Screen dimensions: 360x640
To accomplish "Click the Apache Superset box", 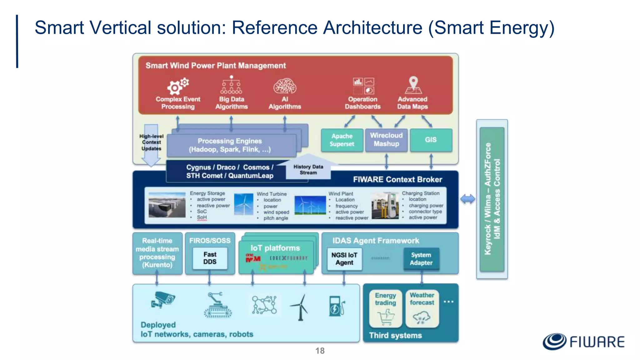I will click(342, 140).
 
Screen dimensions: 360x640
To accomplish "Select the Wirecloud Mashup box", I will click(386, 140).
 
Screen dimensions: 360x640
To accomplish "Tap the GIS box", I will click(431, 140).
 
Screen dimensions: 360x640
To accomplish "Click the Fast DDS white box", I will click(210, 258).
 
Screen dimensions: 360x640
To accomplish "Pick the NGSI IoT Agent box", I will click(344, 259).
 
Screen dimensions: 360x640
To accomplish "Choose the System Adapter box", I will click(421, 259).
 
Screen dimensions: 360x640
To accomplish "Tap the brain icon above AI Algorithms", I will click(285, 86).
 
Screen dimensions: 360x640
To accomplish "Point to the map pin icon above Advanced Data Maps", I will click(413, 85).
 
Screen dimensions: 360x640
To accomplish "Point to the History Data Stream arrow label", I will click(308, 170).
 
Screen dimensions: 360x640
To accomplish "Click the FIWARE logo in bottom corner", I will click(583, 341).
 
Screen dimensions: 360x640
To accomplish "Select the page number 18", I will click(320, 351).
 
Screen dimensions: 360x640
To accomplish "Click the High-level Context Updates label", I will click(151, 142).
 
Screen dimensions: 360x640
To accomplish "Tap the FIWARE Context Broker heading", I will click(397, 179).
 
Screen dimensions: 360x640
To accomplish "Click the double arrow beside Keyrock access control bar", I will click(467, 199).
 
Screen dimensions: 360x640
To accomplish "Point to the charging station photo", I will click(385, 205).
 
